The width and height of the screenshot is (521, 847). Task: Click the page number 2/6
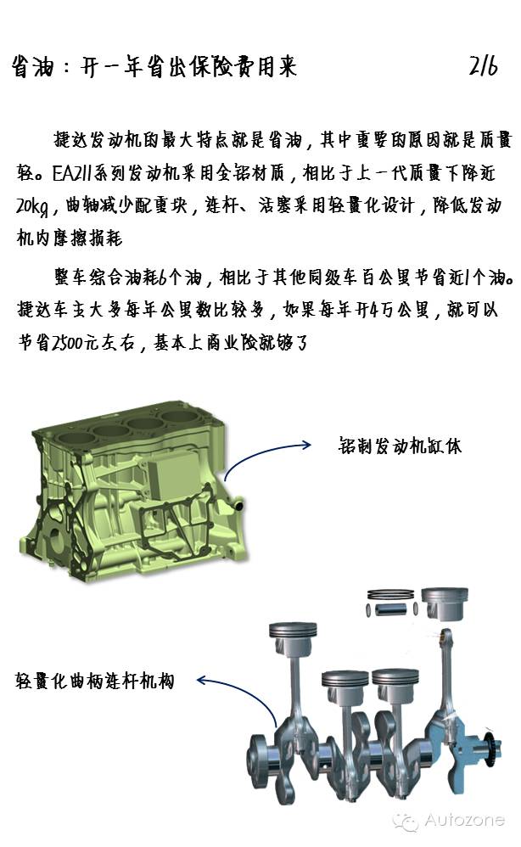(x=483, y=66)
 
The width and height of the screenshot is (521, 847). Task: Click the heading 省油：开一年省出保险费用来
(x=154, y=67)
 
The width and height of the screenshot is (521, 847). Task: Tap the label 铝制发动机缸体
(x=400, y=446)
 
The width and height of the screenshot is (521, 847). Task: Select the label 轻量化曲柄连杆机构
(x=95, y=681)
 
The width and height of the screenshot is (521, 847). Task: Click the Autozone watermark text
(x=464, y=820)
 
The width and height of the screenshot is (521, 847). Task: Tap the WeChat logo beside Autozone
(x=405, y=821)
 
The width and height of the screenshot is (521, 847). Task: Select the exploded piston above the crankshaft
(x=443, y=604)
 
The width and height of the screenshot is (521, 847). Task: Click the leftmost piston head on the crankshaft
(x=293, y=633)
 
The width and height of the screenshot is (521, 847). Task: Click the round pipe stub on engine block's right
(x=237, y=506)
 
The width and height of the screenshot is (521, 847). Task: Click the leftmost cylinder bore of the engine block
(x=76, y=438)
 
